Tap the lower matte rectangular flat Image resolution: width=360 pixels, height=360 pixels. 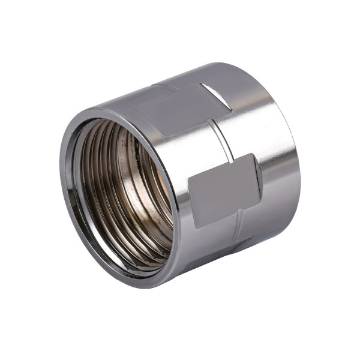[x=224, y=189]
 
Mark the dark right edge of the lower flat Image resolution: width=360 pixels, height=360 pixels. [x=257, y=177]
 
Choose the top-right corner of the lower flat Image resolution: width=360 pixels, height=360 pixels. [x=254, y=154]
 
